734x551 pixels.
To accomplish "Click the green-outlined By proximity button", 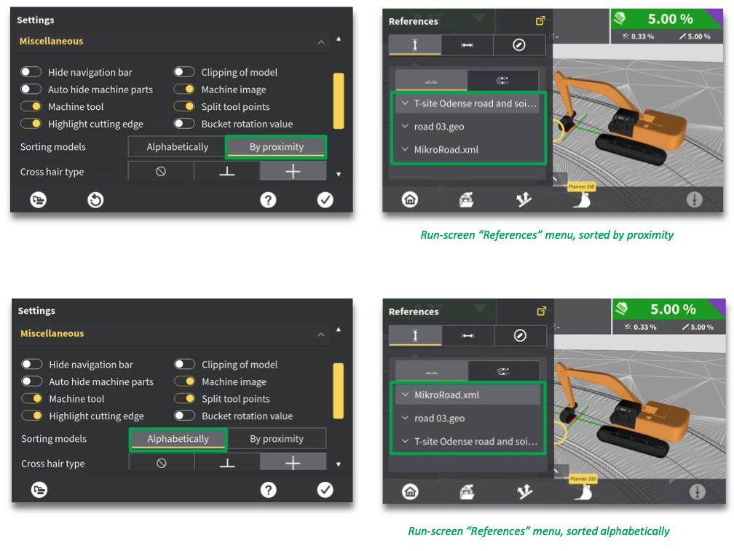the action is point(276,147).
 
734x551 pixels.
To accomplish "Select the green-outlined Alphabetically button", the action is point(178,439).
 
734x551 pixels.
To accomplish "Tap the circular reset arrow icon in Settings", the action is point(95,200).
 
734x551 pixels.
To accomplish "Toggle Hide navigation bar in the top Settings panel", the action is point(31,72).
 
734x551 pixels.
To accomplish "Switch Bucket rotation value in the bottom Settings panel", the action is point(184,416).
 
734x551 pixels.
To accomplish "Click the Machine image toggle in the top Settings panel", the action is point(184,90).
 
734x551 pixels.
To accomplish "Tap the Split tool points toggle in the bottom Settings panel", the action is point(184,399).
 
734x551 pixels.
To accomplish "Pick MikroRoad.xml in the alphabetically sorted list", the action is point(446,395).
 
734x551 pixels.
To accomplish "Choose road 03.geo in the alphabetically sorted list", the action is point(439,418).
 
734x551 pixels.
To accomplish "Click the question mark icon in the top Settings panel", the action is point(268,200).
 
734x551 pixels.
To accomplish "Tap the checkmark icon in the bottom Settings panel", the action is point(325,490).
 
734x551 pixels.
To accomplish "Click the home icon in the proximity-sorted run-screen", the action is point(410,199).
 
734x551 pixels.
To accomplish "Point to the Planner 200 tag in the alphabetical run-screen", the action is point(583,479).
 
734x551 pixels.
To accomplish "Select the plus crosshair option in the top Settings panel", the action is point(293,171).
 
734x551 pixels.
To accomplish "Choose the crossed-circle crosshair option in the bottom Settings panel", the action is point(162,463).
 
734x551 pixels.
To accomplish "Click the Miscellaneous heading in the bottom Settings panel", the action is point(52,333).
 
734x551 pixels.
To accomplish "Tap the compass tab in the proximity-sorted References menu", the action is point(518,45).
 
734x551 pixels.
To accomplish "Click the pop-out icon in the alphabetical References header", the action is point(541,311).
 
